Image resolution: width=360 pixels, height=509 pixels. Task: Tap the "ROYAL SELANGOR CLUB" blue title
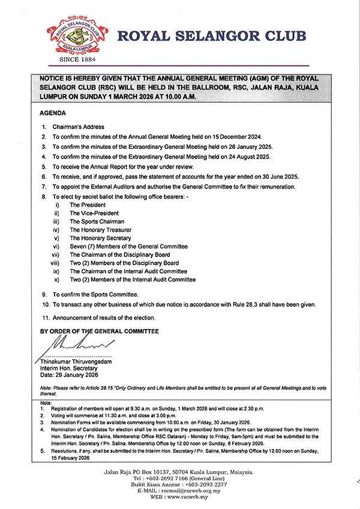212,38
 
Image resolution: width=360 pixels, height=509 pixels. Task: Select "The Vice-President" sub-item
94,213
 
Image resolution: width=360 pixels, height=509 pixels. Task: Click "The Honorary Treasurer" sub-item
100,230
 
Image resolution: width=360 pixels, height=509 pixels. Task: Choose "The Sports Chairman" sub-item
97,221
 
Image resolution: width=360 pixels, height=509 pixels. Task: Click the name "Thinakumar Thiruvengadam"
79,361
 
